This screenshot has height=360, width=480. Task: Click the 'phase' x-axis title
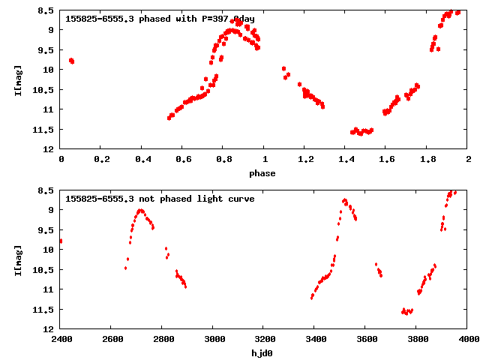262,173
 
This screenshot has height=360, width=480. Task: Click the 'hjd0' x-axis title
262,353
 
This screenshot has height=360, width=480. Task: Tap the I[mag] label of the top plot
19,79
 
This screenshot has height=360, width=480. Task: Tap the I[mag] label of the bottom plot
19,259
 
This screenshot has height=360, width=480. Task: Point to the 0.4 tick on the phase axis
142,159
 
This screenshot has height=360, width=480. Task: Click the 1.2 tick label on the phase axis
305,159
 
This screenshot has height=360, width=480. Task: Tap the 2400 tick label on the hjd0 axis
61,339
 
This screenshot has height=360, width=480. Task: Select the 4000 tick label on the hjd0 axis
468,339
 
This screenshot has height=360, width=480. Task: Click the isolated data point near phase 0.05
71,61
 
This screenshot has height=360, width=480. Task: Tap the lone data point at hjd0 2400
61,241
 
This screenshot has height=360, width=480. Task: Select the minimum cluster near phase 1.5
361,131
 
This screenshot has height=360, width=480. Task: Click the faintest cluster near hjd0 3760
407,311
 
